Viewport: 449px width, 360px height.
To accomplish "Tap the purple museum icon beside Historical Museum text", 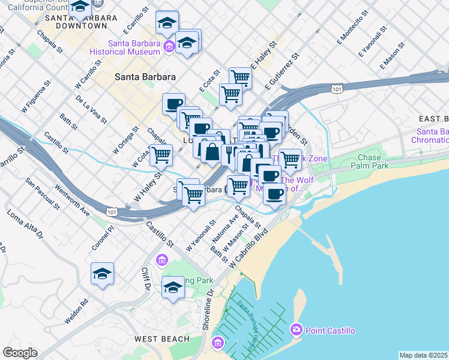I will point(169,47).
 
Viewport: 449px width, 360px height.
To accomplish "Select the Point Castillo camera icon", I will point(296,329).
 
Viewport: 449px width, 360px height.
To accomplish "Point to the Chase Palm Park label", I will point(373,161).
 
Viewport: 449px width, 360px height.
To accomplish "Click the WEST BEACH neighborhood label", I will point(161,339).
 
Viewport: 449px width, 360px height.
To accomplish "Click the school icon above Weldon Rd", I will point(103,274).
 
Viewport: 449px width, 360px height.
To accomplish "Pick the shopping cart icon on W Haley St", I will point(161,155).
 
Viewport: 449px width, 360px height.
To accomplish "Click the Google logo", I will point(20,353).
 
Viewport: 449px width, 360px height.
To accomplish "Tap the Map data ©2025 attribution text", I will point(424,355).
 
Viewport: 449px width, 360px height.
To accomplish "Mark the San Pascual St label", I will point(43,193).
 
